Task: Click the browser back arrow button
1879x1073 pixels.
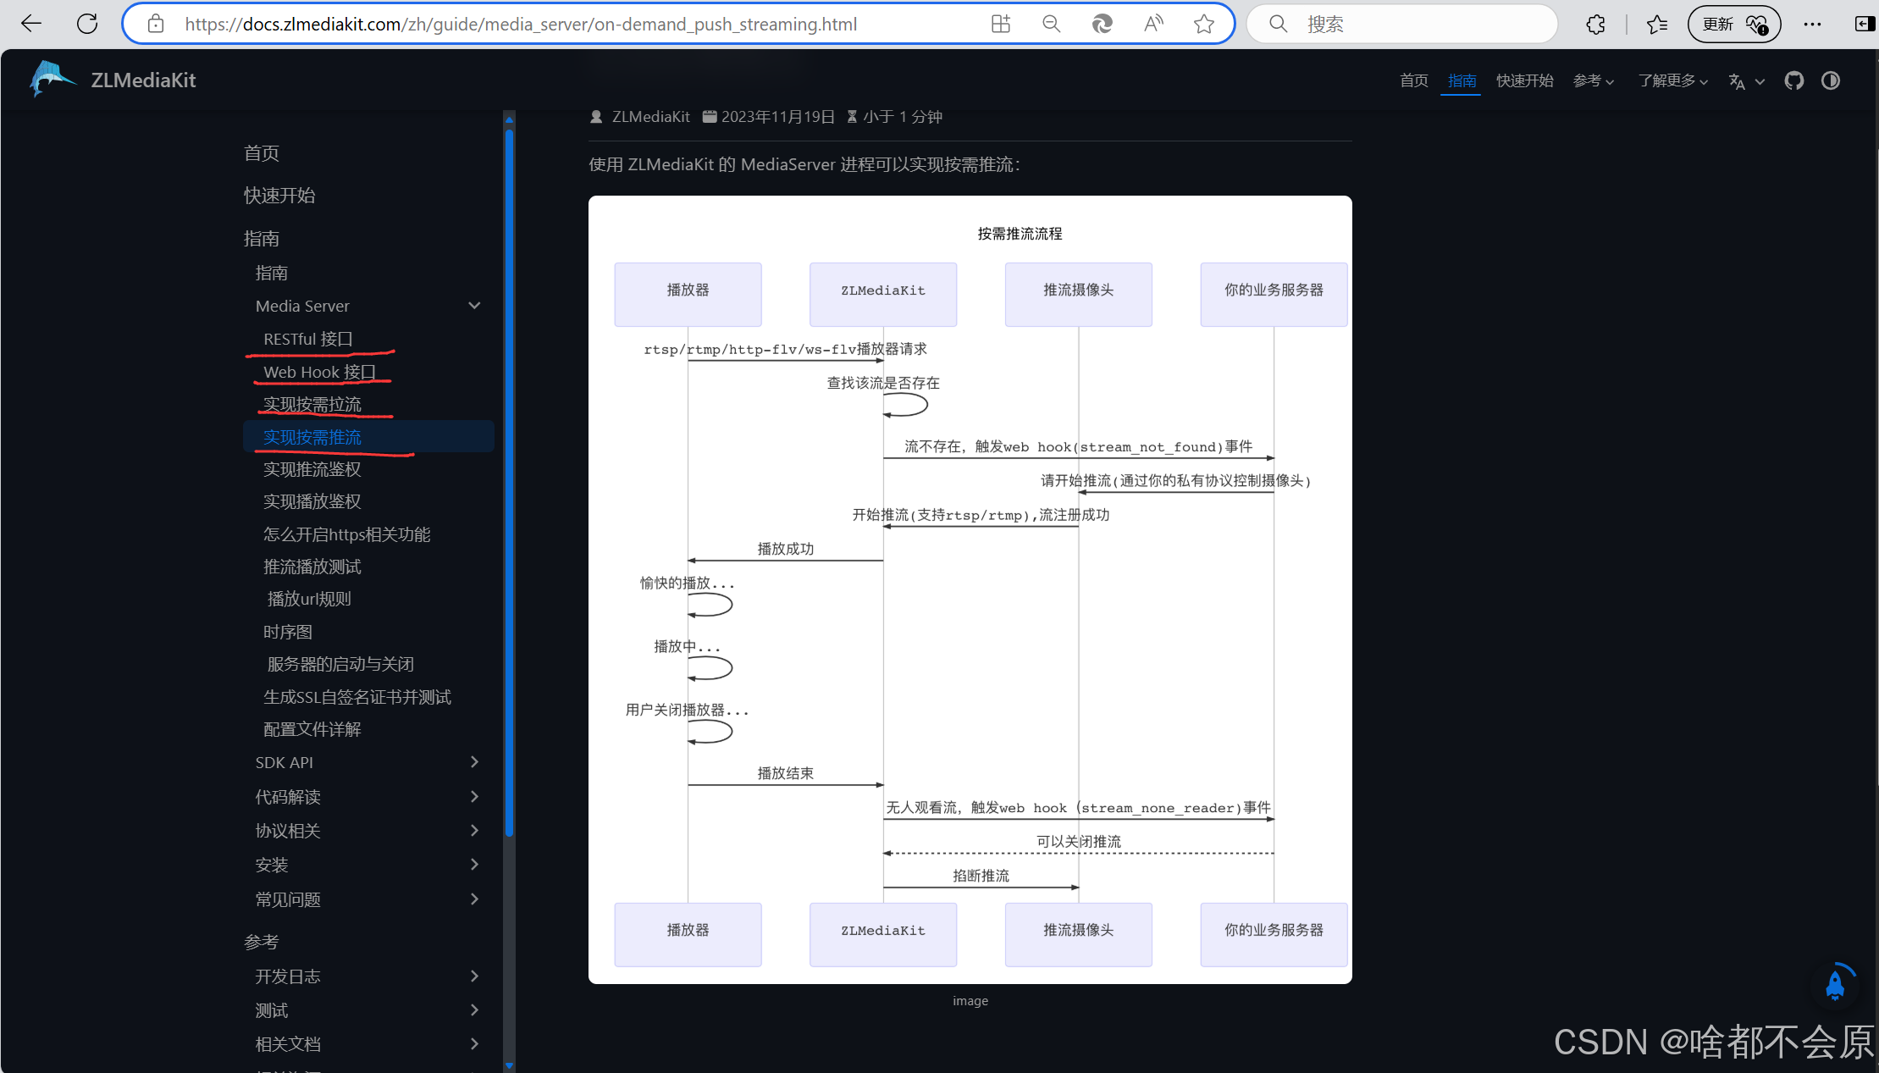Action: [x=31, y=24]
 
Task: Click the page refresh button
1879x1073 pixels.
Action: [x=87, y=24]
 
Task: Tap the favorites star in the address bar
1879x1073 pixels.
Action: [x=1203, y=24]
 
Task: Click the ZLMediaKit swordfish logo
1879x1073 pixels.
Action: [x=52, y=80]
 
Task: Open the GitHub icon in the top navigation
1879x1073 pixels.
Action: [x=1793, y=80]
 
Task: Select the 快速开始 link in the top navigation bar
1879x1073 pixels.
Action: [x=1524, y=80]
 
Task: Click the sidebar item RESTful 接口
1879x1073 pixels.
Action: [x=308, y=339]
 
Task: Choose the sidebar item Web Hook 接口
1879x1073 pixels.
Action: [x=319, y=372]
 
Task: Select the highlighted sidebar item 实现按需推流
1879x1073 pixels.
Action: [x=312, y=437]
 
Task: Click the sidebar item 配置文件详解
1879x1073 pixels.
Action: [x=312, y=729]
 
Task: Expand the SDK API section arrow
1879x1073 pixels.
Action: [x=474, y=762]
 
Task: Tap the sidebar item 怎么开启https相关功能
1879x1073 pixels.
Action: [x=347, y=534]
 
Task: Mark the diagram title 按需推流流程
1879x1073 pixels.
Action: [x=1020, y=234]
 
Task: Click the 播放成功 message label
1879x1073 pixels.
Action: [x=786, y=549]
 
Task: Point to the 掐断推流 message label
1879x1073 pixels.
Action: [x=981, y=876]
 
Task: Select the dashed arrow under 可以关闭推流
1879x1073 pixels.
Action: [x=1078, y=853]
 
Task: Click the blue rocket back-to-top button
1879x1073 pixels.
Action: [x=1835, y=985]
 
